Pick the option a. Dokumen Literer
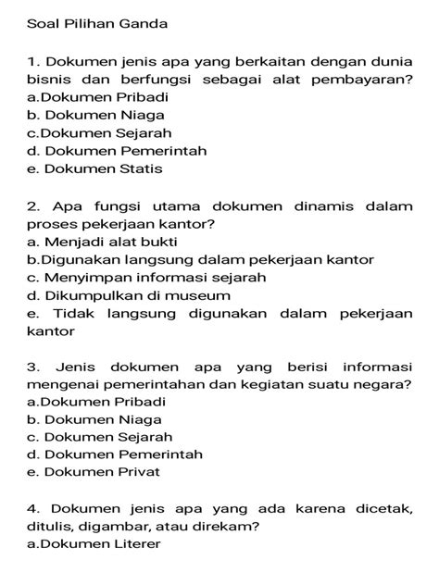click(x=94, y=543)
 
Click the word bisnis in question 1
click(x=47, y=79)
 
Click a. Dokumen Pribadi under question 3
click(x=96, y=402)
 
